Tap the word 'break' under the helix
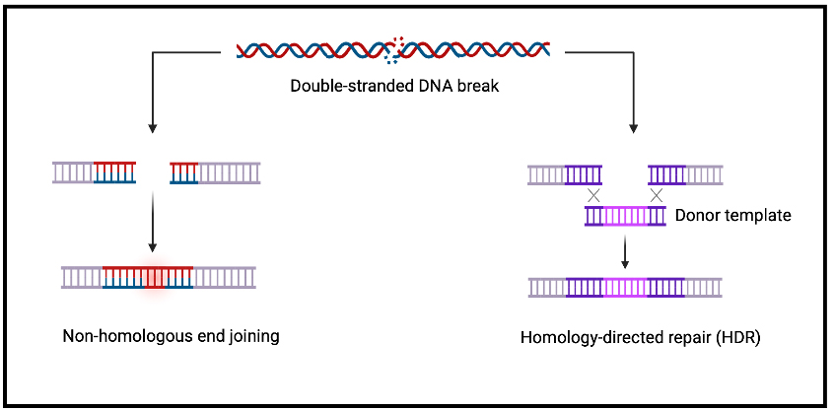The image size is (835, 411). point(481,85)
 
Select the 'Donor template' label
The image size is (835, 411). point(732,215)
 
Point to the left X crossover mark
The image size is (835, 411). point(593,195)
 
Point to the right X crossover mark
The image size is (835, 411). point(656,195)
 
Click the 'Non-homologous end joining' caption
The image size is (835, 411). point(171,336)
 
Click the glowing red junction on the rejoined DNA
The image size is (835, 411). point(154,277)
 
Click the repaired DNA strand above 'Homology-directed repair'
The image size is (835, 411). point(625,287)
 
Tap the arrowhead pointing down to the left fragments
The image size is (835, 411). point(153,128)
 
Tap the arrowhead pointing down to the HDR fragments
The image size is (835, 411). point(633,128)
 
